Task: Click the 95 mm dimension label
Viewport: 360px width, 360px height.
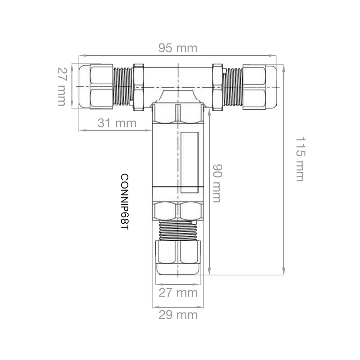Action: [178, 48]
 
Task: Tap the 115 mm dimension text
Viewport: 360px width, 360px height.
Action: [300, 159]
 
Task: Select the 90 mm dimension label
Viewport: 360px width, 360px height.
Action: [217, 183]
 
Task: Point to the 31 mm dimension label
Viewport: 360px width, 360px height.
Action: [117, 123]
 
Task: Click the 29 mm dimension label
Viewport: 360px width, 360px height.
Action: [178, 315]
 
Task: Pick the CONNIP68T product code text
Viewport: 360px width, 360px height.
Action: [125, 202]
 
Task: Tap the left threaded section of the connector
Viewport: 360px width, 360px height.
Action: [123, 86]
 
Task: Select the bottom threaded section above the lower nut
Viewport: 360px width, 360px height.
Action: [178, 230]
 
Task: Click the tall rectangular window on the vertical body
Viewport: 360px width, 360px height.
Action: [189, 162]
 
